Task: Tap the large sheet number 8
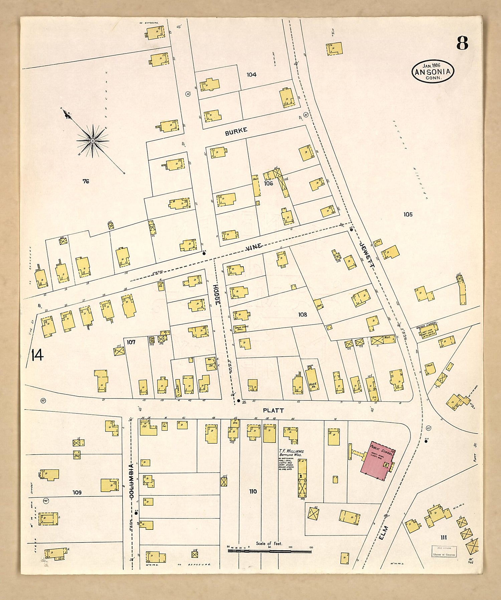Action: (x=462, y=43)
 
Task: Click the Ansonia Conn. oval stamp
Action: (x=433, y=72)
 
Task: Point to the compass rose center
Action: (x=92, y=141)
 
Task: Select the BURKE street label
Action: (x=236, y=131)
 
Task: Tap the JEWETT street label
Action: (x=368, y=254)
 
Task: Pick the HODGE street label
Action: (x=217, y=294)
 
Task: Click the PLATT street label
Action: (x=273, y=410)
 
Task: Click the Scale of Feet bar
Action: (x=269, y=551)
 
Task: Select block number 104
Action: (x=252, y=75)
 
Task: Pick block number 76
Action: (x=86, y=182)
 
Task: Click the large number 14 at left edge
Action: (x=37, y=355)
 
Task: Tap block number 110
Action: (x=253, y=491)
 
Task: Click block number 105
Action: (x=408, y=214)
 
